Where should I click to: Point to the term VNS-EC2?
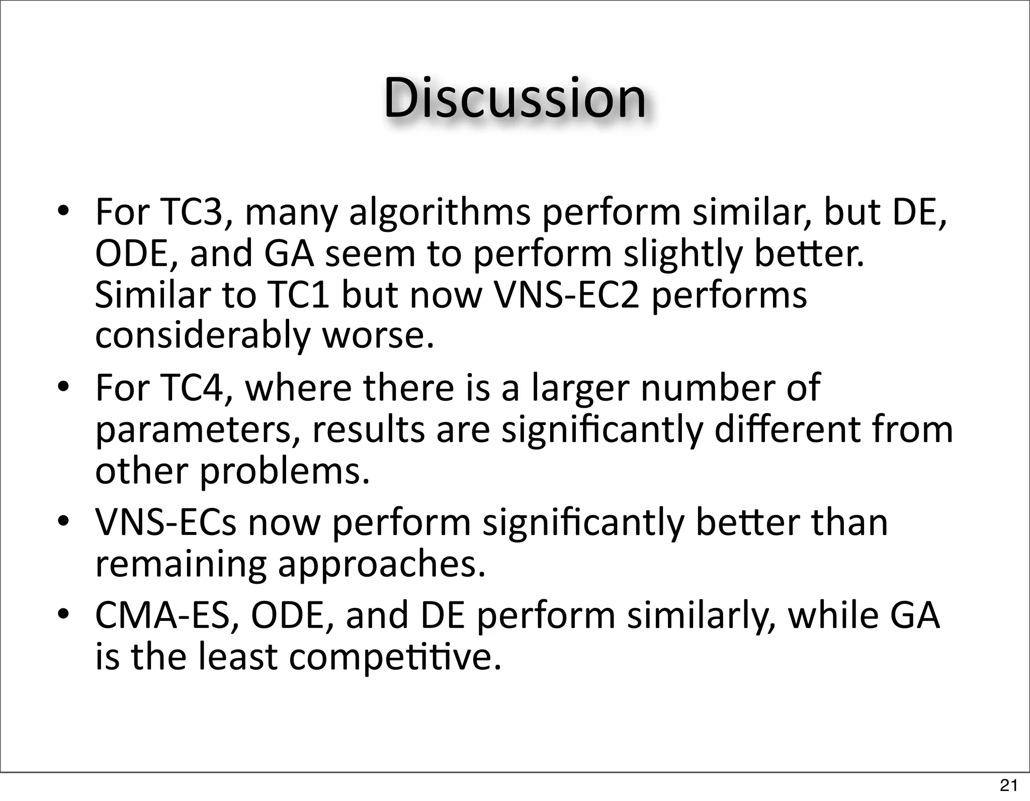[x=567, y=295]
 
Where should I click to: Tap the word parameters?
[x=198, y=430]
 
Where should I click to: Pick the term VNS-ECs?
[x=166, y=522]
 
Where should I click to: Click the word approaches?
[x=382, y=565]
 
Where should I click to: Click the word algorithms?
[x=440, y=212]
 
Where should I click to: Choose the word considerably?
[x=202, y=335]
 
